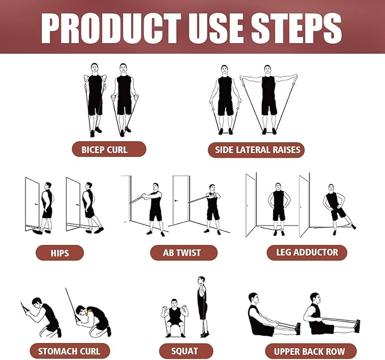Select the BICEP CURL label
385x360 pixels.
(x=109, y=150)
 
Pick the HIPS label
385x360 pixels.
(x=60, y=252)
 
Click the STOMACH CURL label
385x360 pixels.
(x=69, y=351)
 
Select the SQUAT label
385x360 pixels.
(x=185, y=351)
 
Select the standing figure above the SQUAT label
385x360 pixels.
(x=202, y=306)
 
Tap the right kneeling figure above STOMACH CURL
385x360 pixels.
(x=94, y=317)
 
